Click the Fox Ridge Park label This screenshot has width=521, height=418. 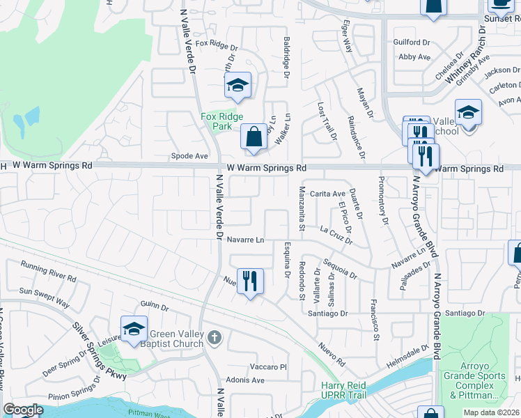(215, 122)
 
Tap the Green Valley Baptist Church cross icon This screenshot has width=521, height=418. (215, 338)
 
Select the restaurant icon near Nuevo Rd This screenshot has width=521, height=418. (251, 281)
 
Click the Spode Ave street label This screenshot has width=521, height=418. (191, 156)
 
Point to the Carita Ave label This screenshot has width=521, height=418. (327, 194)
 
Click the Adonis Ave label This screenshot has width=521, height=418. (249, 380)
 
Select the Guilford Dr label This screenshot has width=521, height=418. (412, 42)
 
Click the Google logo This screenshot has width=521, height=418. (23, 410)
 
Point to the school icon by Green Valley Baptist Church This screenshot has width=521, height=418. (134, 330)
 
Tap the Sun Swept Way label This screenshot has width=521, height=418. (45, 297)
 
